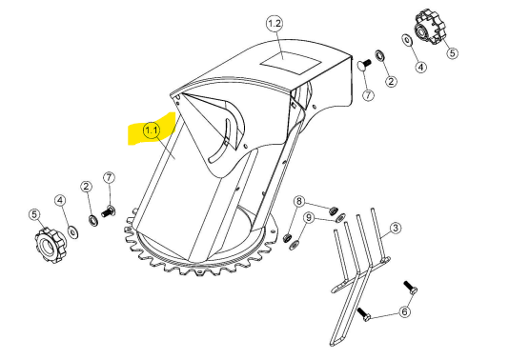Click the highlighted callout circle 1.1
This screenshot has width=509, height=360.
(152, 130)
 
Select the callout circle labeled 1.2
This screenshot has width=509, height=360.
(275, 24)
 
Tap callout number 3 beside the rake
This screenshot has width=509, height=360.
(395, 228)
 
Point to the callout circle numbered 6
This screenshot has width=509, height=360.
(404, 312)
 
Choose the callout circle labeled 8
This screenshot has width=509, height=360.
(299, 201)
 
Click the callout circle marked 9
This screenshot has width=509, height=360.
(309, 217)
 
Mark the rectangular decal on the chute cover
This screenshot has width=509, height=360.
(291, 62)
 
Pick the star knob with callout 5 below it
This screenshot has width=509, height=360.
(430, 27)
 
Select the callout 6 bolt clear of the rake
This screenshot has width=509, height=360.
(411, 288)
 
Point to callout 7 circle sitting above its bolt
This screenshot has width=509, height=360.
(109, 178)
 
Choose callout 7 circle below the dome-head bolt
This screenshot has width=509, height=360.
(368, 95)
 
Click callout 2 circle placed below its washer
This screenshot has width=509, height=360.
(391, 81)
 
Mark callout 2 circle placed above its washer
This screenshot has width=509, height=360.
(86, 187)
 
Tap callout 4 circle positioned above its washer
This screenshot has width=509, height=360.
(60, 200)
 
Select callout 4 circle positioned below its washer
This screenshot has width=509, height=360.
(420, 67)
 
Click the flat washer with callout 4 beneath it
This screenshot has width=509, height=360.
(407, 40)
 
